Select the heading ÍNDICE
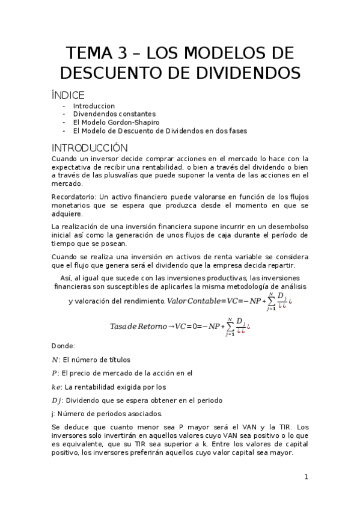click(69, 95)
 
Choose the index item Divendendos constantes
click(114, 114)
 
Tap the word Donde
click(63, 346)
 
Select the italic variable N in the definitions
click(55, 360)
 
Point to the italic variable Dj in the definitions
click(57, 401)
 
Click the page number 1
click(306, 477)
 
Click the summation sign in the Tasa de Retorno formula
click(229, 327)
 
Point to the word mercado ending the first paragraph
click(66, 183)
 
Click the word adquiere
click(67, 214)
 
